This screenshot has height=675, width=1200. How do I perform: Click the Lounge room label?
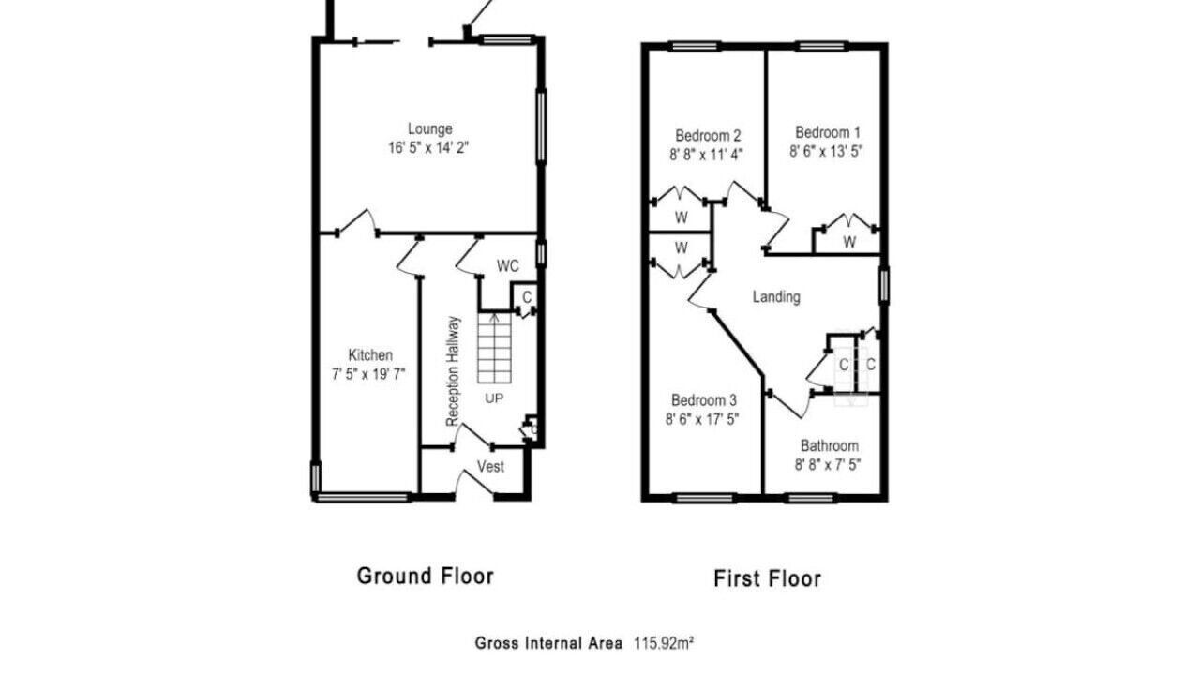point(429,129)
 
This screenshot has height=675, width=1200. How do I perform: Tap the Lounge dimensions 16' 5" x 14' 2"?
point(428,148)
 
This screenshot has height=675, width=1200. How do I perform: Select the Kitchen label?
point(370,355)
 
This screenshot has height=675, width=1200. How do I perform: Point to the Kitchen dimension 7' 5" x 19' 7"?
point(368,374)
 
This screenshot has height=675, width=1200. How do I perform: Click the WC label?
point(507,265)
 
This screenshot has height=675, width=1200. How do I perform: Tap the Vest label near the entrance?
point(490,467)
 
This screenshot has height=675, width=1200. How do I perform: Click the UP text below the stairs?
point(494,398)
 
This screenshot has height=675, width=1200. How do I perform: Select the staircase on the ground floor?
point(494,348)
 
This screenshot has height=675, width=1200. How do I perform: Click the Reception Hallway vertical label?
point(453,371)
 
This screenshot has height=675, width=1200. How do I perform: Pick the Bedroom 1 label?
point(828,132)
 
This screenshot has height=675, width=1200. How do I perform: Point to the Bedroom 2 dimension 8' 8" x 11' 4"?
point(706,155)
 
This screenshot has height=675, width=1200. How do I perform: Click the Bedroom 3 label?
point(704,400)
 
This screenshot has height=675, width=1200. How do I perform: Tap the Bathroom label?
point(830,445)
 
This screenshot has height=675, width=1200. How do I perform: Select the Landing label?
point(776,297)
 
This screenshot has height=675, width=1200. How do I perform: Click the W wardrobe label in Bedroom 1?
point(849,242)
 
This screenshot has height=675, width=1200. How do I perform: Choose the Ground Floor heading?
point(426,576)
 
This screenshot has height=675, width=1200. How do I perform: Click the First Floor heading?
point(767,578)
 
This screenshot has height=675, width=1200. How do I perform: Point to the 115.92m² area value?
point(665,643)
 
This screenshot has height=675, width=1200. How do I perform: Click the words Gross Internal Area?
point(548,643)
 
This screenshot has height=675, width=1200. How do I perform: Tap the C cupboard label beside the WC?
point(527,297)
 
